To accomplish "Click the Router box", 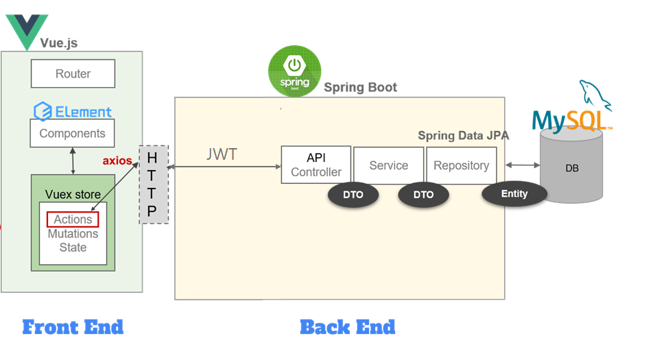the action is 73,73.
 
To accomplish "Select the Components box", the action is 72,133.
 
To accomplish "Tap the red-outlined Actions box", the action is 73,219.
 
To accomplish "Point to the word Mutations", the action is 73,233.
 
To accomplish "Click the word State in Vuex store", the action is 73,248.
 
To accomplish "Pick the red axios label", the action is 117,160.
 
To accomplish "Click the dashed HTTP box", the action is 154,184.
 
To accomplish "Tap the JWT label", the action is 222,154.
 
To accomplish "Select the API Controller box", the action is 316,165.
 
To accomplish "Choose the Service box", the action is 389,165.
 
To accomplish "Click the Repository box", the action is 462,165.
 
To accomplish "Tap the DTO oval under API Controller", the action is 353,195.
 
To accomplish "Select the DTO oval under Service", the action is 424,195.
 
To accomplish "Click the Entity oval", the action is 514,194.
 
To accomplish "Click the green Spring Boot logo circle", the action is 294,71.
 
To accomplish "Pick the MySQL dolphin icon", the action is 595,95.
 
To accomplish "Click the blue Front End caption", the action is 73,327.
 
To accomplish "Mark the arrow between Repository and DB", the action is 523,165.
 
